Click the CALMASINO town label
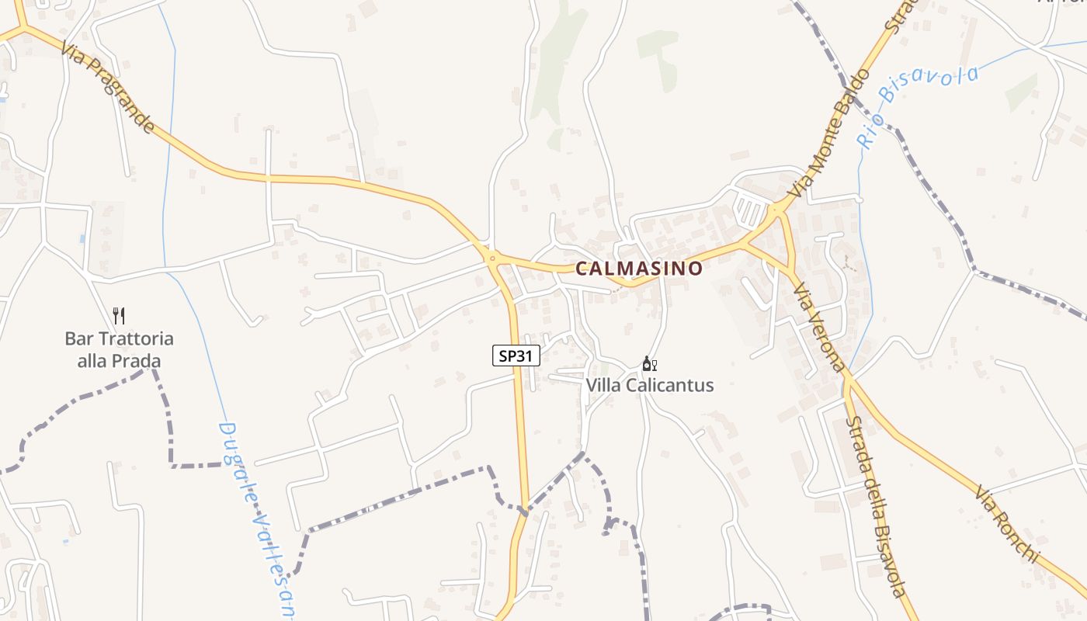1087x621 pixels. pos(639,269)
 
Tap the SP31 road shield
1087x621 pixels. pos(516,356)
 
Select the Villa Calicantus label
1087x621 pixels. pos(649,385)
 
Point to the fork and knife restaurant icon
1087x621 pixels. pos(119,316)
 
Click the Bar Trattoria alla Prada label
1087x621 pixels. pos(119,349)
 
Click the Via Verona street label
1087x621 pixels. pos(818,326)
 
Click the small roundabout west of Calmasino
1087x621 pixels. pos(491,258)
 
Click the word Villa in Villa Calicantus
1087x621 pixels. pos(603,385)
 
